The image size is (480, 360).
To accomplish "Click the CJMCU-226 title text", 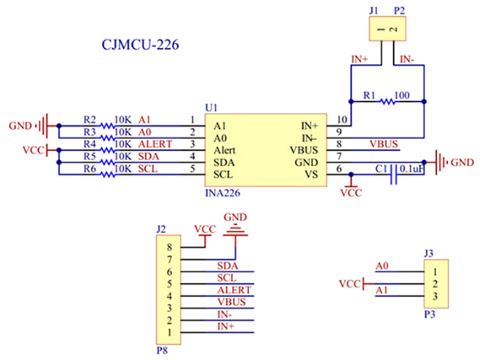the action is [x=140, y=45].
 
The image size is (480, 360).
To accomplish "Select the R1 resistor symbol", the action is [x=387, y=101].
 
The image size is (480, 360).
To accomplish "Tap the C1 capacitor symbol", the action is [x=394, y=175].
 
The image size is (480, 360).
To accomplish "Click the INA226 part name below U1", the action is [x=223, y=193].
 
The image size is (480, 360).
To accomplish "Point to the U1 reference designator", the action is [x=211, y=108].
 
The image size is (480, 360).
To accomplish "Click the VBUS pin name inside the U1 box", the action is [x=304, y=150].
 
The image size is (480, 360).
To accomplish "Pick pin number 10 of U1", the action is [x=342, y=120].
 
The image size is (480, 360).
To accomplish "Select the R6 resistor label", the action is [x=90, y=169].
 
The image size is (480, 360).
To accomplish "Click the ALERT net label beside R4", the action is [x=155, y=144].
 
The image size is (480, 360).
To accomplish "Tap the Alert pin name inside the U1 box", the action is [x=224, y=150].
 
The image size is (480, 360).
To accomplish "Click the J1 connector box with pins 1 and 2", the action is [x=387, y=29].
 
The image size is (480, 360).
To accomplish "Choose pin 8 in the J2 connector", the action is [x=170, y=247].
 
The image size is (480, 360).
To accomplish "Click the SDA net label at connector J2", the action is [x=228, y=266].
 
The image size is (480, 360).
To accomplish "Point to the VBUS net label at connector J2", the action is [x=231, y=302].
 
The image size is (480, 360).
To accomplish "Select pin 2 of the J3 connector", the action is [x=435, y=284].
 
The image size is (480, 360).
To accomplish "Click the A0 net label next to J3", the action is [x=382, y=266].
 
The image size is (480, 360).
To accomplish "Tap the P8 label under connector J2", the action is [x=162, y=351].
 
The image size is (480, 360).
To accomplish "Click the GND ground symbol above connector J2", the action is [x=235, y=230].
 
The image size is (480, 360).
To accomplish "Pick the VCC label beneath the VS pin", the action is [x=351, y=193].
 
